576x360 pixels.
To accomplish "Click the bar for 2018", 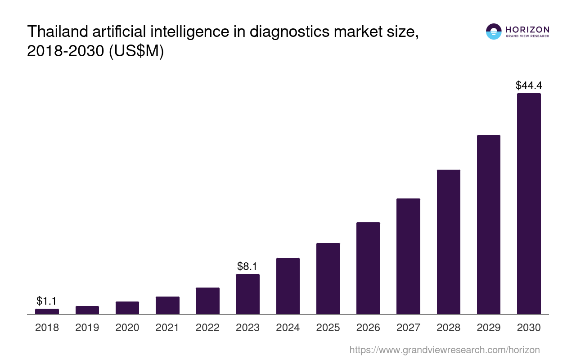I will [x=47, y=311].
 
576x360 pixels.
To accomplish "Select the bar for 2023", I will [x=247, y=294].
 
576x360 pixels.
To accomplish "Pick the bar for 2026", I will [x=368, y=268].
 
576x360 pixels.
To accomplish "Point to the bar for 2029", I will [x=489, y=225].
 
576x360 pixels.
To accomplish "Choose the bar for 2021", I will [x=167, y=305].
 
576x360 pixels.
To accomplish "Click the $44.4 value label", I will [x=529, y=85].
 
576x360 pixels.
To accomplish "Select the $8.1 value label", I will [x=247, y=266].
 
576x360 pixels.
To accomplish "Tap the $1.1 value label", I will [x=47, y=301].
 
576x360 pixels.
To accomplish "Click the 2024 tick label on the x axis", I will [x=288, y=328].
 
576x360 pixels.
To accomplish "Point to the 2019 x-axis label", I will [x=87, y=328].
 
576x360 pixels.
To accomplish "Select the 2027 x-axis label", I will [x=408, y=328].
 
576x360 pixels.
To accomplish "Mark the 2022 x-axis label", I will [x=207, y=328].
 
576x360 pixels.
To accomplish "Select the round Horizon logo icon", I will [x=494, y=31].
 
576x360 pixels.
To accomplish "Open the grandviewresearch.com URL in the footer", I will [x=445, y=350].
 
